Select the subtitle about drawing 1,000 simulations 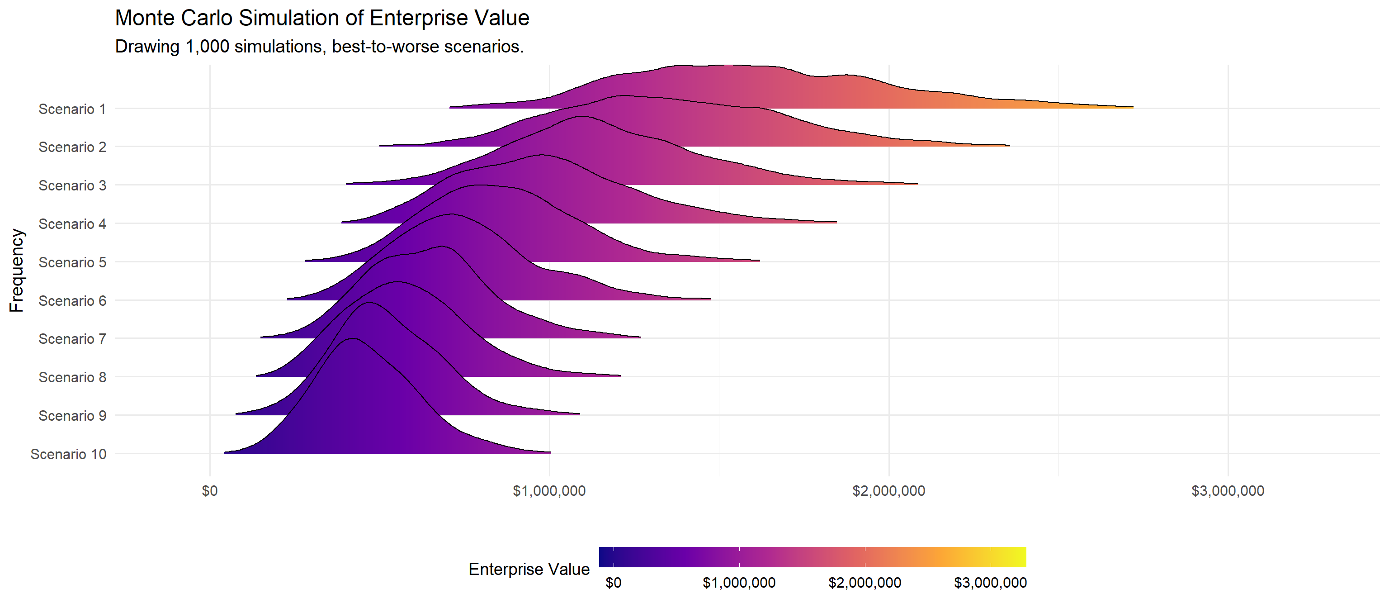(x=319, y=47)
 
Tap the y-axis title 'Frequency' (x=17, y=270)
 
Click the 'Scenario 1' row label (x=72, y=109)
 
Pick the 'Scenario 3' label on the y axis (x=72, y=185)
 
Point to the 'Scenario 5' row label (x=72, y=263)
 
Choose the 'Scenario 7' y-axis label (x=72, y=339)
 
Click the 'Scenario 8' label (x=72, y=378)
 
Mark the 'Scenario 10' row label (x=68, y=454)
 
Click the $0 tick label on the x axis (x=209, y=491)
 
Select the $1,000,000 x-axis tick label (x=549, y=491)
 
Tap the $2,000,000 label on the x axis (x=888, y=491)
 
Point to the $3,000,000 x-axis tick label (x=1228, y=491)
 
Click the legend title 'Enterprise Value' (x=529, y=569)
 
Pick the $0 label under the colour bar (x=613, y=583)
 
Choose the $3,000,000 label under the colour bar (x=990, y=583)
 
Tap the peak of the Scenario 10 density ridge (x=353, y=339)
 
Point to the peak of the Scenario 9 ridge (x=369, y=304)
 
